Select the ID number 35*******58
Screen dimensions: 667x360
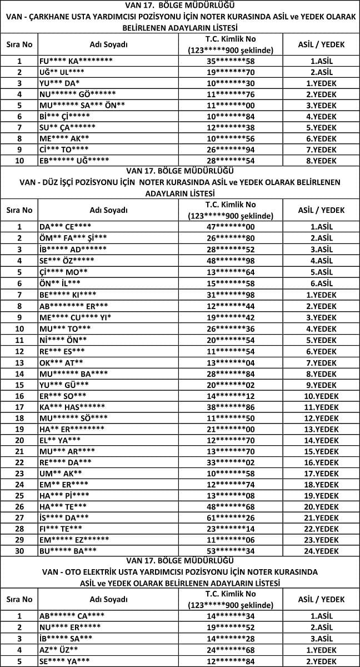(x=231, y=62)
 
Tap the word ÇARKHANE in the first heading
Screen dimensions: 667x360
(x=54, y=17)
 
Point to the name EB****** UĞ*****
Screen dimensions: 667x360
(x=74, y=160)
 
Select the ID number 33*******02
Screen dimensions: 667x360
(x=231, y=462)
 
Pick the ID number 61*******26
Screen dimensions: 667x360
(x=231, y=517)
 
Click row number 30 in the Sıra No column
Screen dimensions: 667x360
(x=19, y=550)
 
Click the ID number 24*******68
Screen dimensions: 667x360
(x=231, y=649)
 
